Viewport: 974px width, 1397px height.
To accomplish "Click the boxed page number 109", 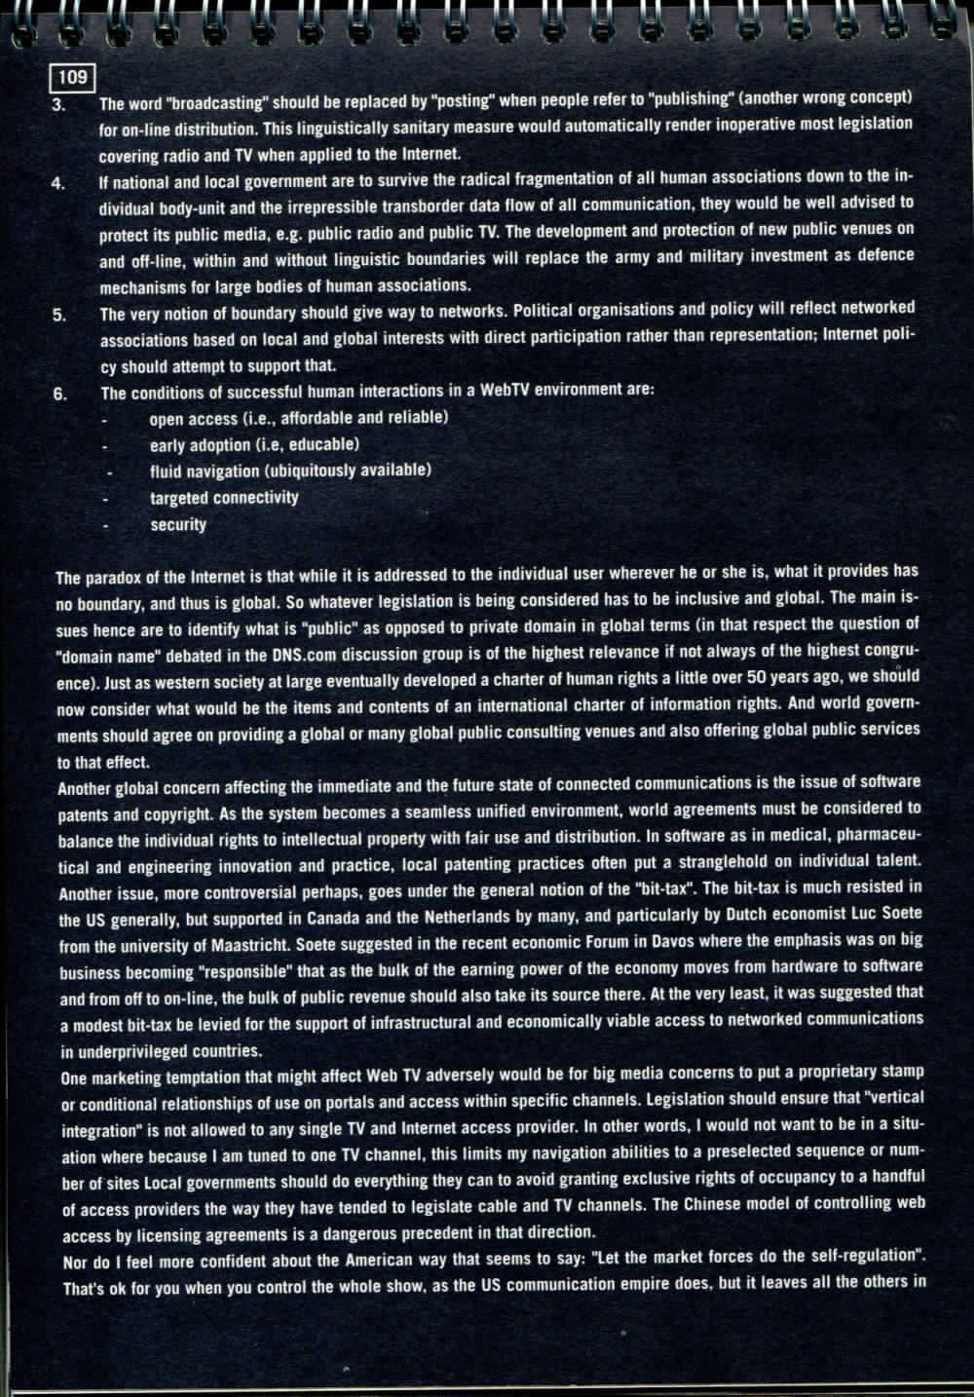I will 73,76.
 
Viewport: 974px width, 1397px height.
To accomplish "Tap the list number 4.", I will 59,182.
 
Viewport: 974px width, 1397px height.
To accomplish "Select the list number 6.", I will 60,394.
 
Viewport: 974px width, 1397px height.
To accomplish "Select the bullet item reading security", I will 178,524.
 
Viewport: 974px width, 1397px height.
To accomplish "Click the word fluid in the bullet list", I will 166,472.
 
